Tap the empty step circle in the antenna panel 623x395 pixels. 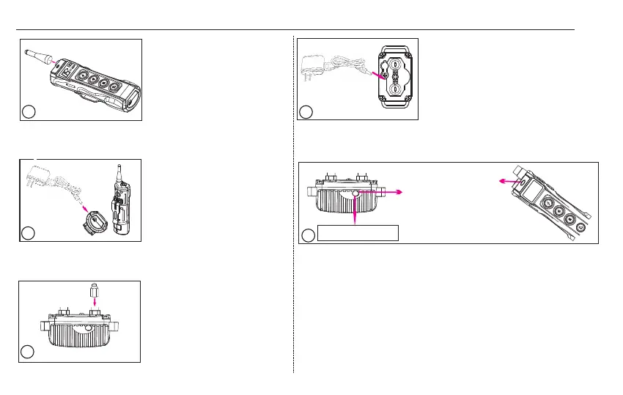click(28, 111)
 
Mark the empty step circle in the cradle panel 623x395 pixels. click(28, 233)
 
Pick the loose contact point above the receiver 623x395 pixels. click(94, 289)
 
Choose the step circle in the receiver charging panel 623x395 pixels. click(306, 111)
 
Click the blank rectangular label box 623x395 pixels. click(358, 233)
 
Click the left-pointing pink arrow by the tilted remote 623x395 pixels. click(502, 177)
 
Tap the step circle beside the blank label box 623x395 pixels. click(309, 235)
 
